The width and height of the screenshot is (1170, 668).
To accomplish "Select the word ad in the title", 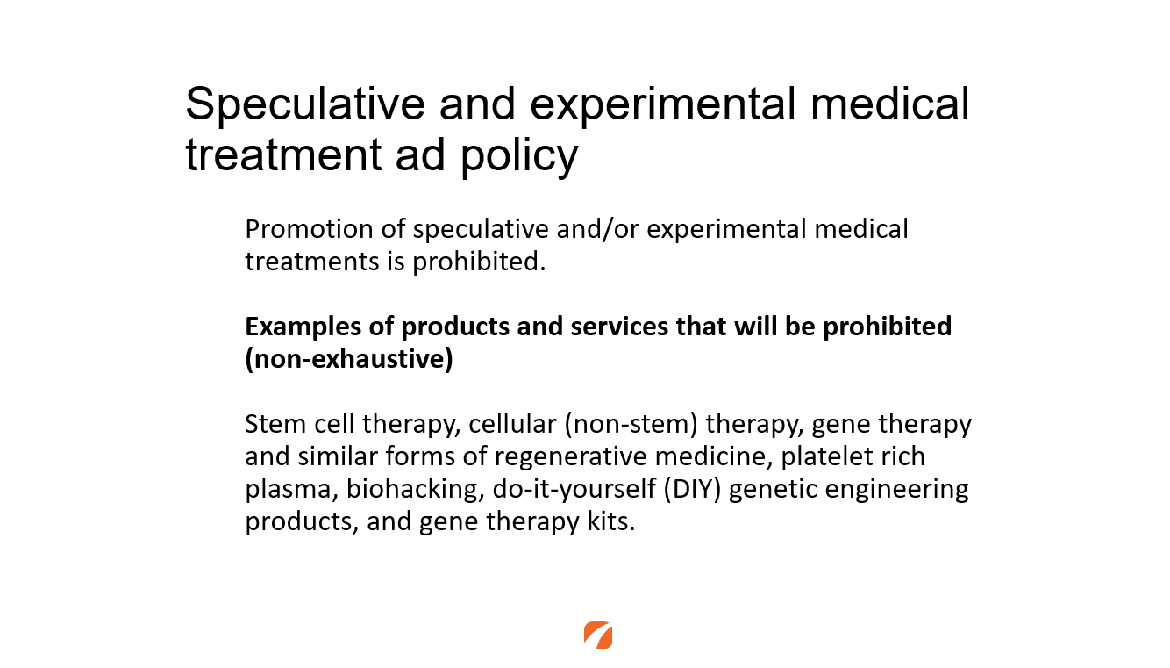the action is pyautogui.click(x=420, y=154).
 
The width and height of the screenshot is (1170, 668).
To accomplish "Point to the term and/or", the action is pyautogui.click(x=597, y=229).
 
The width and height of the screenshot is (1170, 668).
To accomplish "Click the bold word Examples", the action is pyautogui.click(x=303, y=327).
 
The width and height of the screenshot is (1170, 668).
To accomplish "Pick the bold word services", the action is pyautogui.click(x=619, y=327).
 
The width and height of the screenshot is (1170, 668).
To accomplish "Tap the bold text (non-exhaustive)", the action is pyautogui.click(x=349, y=359).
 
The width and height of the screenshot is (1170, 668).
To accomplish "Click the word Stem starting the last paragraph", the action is pyautogui.click(x=275, y=424).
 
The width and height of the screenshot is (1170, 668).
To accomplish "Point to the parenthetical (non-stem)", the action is pyautogui.click(x=631, y=424).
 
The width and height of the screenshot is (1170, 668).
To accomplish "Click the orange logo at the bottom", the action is pyautogui.click(x=598, y=635).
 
